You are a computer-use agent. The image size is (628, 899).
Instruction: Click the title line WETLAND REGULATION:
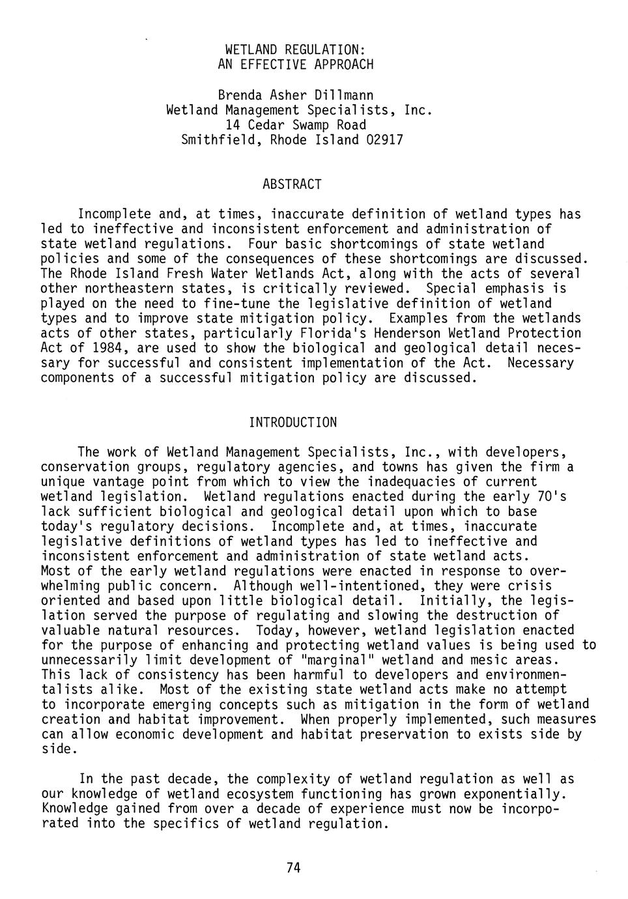coord(295,50)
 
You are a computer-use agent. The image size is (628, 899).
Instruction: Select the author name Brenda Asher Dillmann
coord(295,95)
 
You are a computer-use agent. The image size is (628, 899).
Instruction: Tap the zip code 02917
coord(385,140)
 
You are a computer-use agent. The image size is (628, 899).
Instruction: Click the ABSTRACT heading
coord(292,184)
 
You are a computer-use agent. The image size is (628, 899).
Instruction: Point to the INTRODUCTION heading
coord(293,422)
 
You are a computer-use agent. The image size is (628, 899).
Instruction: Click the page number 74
coord(293,867)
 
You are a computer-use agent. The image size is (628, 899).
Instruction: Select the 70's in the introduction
coord(551,497)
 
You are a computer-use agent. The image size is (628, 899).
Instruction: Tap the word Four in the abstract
coord(263,244)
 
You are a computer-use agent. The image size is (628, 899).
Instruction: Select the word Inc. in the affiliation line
coord(418,110)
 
